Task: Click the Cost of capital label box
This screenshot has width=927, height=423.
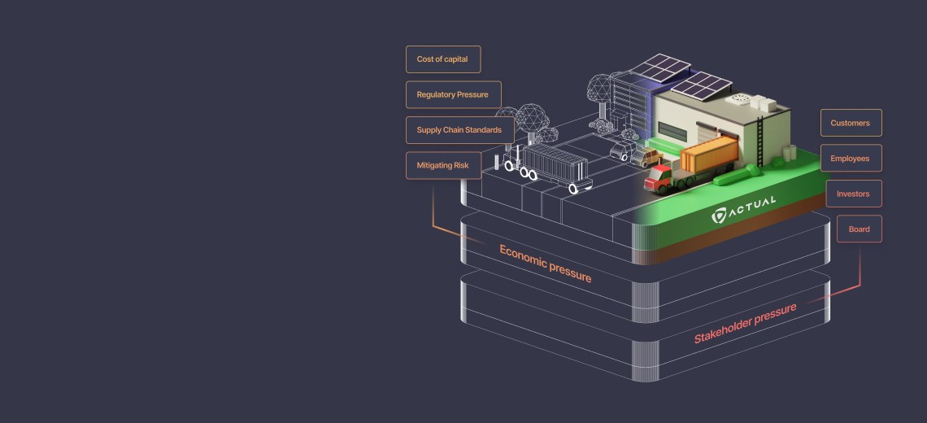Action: [443, 59]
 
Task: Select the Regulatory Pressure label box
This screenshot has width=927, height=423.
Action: [454, 94]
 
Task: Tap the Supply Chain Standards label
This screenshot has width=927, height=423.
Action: [460, 130]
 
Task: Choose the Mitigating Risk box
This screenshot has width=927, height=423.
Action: [443, 166]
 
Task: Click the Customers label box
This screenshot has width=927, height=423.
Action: [851, 123]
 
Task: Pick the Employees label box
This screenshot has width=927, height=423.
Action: [851, 159]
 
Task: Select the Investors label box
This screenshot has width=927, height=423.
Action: [854, 194]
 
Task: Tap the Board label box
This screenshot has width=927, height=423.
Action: [859, 229]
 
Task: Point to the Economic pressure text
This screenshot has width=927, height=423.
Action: [545, 264]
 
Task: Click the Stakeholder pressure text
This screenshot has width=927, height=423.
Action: [745, 323]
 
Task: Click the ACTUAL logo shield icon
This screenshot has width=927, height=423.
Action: [718, 216]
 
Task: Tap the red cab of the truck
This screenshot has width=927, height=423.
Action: [658, 178]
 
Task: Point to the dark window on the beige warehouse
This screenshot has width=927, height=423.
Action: [672, 132]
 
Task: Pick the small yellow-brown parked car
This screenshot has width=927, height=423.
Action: [646, 157]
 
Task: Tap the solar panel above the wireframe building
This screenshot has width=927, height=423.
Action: [659, 68]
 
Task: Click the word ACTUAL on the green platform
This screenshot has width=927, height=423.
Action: [751, 207]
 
